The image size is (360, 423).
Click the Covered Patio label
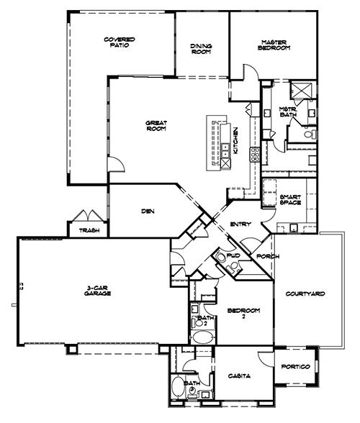point(120,42)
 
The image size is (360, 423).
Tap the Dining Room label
point(201,49)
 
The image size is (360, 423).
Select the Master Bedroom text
point(274,45)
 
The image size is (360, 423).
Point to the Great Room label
point(156,126)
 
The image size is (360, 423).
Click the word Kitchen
point(235,140)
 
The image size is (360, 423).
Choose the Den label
point(148,211)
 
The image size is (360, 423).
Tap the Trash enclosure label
point(89,230)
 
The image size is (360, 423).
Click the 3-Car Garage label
point(97,291)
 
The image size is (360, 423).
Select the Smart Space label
point(290,200)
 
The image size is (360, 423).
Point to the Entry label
point(240,224)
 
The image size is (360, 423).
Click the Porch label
point(268,256)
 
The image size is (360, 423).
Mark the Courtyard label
point(305,294)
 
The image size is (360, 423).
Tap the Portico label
point(296,367)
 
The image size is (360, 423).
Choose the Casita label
point(239,376)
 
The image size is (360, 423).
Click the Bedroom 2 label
point(243,313)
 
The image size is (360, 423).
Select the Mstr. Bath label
point(288,112)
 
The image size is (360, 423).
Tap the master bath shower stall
point(301,90)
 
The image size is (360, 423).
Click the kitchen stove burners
point(255,155)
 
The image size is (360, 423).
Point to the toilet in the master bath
point(310,134)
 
